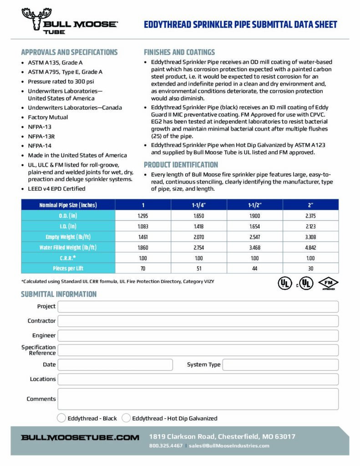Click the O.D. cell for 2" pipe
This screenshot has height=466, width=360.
(311, 215)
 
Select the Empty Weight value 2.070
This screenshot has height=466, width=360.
(198, 237)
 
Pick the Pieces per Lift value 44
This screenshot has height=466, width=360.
(254, 268)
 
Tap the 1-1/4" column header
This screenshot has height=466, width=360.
(198, 205)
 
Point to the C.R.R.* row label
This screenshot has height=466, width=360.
(67, 258)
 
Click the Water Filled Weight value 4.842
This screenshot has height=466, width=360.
(311, 248)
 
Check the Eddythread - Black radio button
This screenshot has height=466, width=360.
(61, 418)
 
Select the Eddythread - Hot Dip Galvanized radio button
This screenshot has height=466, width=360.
(126, 418)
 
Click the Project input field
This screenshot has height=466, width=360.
(198, 306)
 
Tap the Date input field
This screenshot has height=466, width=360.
(115, 365)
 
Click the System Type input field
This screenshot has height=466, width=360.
(280, 365)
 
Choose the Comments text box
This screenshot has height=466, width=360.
(198, 399)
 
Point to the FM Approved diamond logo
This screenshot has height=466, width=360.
(328, 283)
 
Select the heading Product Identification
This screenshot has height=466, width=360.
(181, 165)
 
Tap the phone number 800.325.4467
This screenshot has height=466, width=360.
(166, 446)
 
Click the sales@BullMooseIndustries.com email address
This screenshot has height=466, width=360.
(229, 446)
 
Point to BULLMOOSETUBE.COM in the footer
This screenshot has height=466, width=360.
(80, 437)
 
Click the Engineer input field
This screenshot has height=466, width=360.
(198, 335)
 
